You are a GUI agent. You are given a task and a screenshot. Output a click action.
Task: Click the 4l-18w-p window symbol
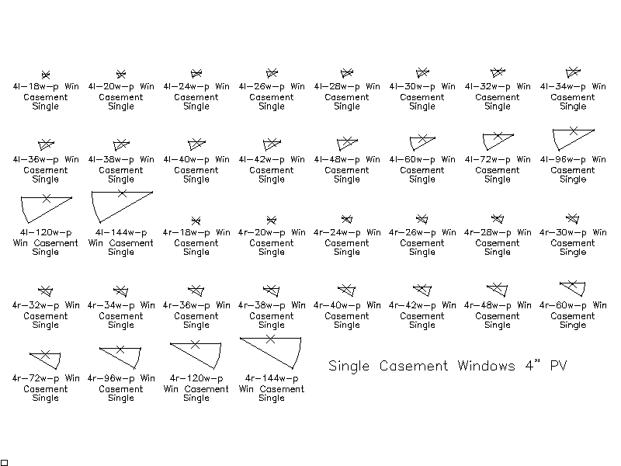(46, 75)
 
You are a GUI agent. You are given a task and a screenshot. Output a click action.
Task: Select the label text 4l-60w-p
(412, 159)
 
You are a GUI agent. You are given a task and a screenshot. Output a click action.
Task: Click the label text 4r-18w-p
(186, 232)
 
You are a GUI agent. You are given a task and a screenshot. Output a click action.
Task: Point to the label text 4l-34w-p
(563, 86)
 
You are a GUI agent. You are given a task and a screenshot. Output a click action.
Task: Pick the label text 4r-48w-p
(487, 305)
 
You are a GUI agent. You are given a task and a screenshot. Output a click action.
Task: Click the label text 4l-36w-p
(36, 159)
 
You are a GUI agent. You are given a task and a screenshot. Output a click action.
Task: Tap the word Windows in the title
(487, 365)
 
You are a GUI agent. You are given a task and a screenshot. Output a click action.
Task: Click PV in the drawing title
(558, 365)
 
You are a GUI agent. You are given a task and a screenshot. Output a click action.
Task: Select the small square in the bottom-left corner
(4, 462)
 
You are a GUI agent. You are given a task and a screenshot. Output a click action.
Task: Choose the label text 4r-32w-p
(36, 305)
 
